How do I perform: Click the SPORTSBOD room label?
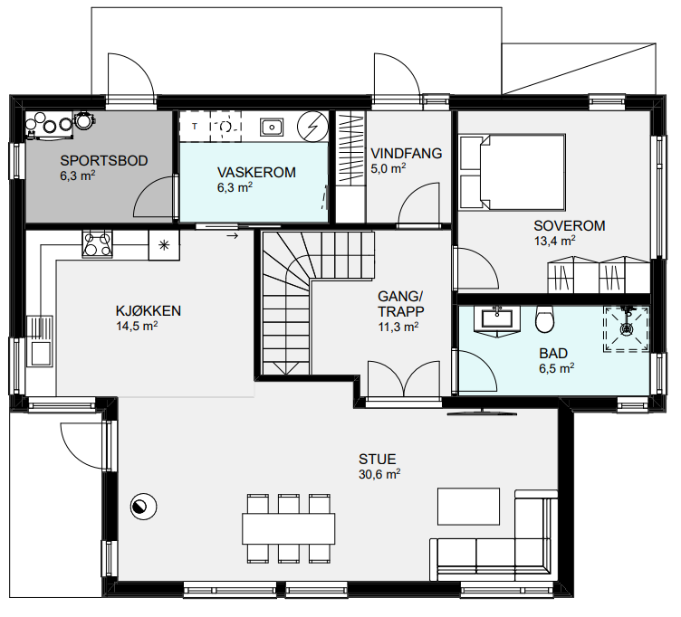(x=104, y=160)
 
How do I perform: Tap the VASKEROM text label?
(x=256, y=172)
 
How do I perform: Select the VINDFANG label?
(x=406, y=153)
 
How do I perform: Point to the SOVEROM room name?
(x=570, y=225)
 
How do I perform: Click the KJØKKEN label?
(x=149, y=310)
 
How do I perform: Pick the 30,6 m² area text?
(x=379, y=474)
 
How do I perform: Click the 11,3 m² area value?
(x=398, y=327)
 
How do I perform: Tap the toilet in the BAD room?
(x=544, y=319)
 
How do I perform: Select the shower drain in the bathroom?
(x=627, y=328)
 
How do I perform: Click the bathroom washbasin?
(x=497, y=318)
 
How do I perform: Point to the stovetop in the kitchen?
(x=97, y=244)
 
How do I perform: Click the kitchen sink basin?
(x=40, y=353)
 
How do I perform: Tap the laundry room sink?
(x=272, y=128)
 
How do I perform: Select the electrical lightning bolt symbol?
(x=312, y=127)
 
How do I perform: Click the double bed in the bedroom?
(x=513, y=172)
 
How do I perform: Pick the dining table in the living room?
(x=289, y=528)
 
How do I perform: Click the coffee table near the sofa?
(x=468, y=507)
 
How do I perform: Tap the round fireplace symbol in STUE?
(x=144, y=507)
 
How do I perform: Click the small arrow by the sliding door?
(x=233, y=236)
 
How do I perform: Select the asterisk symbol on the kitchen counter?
(x=164, y=245)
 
